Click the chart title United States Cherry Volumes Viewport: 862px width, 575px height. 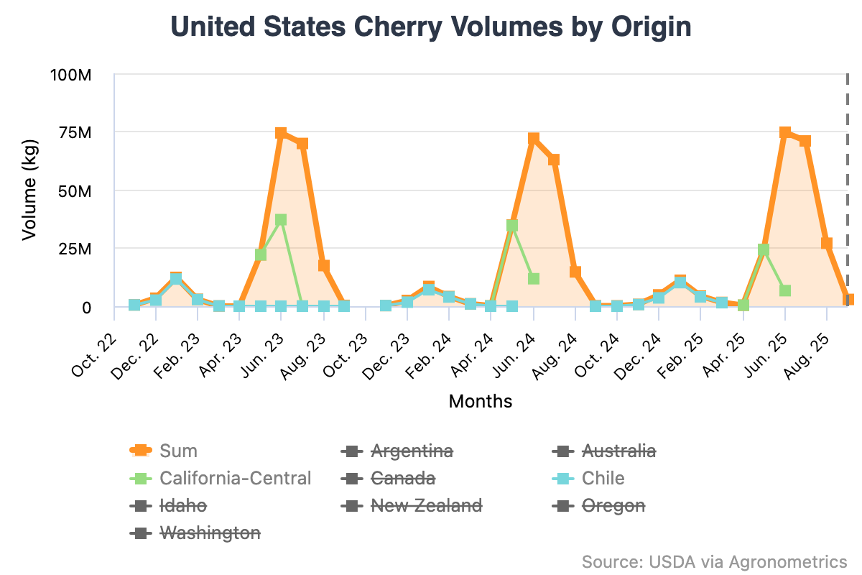coord(431,27)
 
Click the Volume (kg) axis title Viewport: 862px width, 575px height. coord(29,191)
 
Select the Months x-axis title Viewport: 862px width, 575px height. coord(481,401)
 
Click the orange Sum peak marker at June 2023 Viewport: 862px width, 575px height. coord(281,134)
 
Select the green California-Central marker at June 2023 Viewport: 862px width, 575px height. coord(281,220)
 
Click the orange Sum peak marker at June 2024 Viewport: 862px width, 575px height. coord(533,139)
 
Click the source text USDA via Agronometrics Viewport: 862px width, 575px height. coord(715,561)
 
